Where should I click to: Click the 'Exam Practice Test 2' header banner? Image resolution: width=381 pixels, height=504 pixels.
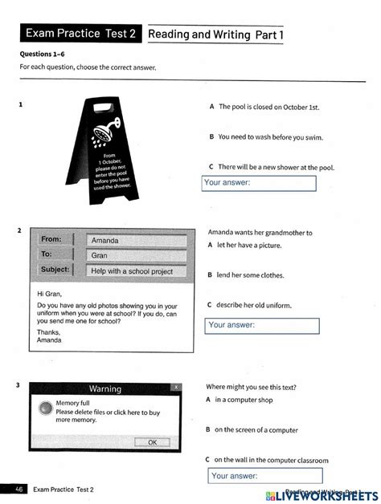pos(81,34)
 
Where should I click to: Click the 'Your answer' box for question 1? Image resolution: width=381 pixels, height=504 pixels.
pos(259,183)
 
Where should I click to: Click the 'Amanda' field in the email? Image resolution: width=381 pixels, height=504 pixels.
pos(136,240)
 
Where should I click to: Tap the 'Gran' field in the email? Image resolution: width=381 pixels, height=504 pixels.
pos(136,255)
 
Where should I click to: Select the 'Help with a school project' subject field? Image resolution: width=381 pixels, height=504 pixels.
pos(136,271)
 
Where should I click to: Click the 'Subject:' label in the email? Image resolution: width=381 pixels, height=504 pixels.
pos(55,270)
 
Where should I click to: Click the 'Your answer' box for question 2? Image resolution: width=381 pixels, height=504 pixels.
pos(263,325)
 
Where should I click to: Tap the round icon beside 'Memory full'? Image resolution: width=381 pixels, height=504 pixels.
pos(46,408)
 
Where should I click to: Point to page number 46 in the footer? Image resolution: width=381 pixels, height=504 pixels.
pos(19,489)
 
